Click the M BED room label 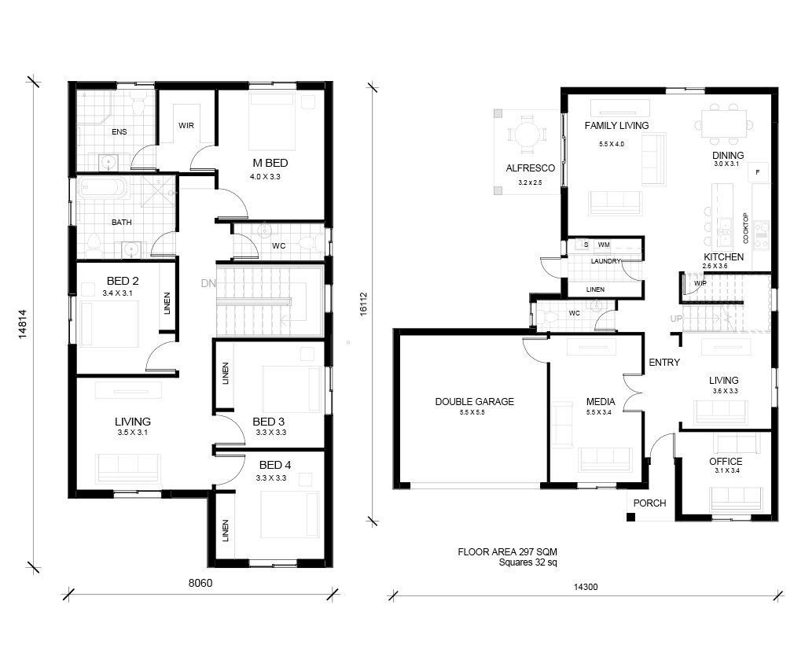270,163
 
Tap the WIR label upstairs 186,125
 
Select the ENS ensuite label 119,132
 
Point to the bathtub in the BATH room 102,187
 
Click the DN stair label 208,283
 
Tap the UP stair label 676,319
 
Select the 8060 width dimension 200,583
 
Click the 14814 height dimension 22,324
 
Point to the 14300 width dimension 586,587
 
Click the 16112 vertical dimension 363,304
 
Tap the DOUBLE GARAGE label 474,402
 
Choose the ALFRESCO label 531,168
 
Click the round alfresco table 527,135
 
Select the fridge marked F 758,172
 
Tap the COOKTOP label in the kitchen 745,228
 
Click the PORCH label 649,503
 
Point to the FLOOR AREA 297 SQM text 507,552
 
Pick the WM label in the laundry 604,245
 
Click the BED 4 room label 275,465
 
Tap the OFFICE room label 726,461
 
